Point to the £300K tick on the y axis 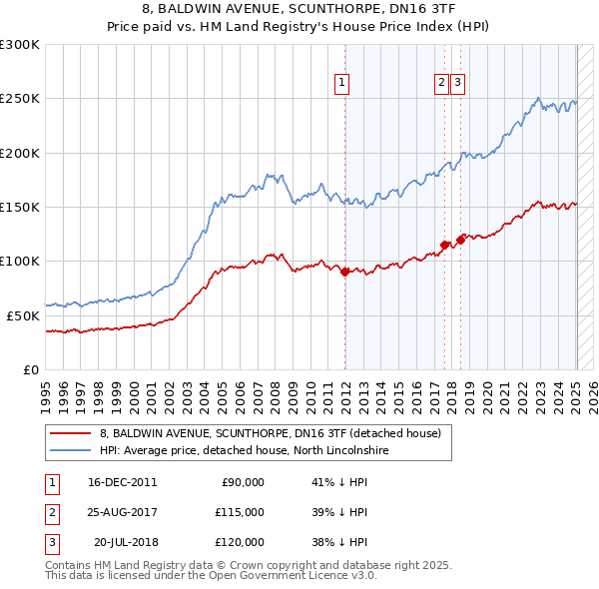coord(20,45)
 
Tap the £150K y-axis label coord(20,207)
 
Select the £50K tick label coord(23,315)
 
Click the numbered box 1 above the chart coord(341,83)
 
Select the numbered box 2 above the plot coord(441,83)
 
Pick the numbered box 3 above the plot coord(457,83)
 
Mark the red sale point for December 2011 coord(344,271)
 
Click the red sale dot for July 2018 coord(460,239)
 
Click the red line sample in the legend coord(71,433)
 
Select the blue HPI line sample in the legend coord(71,451)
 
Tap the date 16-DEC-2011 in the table coord(123,482)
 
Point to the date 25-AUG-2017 coord(123,512)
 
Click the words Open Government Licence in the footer coord(290,576)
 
